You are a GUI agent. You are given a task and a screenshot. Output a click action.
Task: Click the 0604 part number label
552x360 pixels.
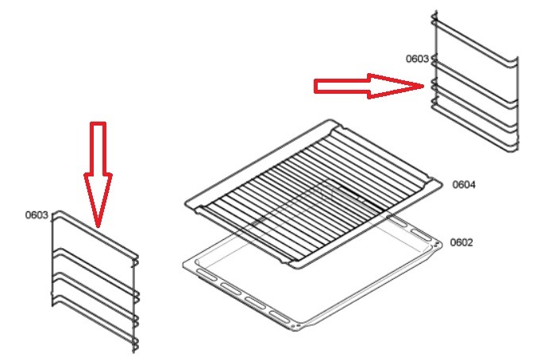click(464, 184)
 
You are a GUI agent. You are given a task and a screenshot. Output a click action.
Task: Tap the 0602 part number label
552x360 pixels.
click(461, 242)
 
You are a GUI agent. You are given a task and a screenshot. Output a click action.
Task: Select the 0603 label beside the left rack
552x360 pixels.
click(37, 215)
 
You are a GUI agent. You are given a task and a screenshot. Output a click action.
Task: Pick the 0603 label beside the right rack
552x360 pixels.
click(417, 59)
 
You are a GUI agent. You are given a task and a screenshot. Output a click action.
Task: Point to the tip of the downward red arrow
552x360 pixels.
click(98, 227)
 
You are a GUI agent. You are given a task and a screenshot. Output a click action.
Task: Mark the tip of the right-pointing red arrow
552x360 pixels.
click(424, 86)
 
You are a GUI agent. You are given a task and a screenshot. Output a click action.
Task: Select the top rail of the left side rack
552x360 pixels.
click(95, 233)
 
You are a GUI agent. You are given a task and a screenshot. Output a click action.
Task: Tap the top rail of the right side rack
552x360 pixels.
click(475, 41)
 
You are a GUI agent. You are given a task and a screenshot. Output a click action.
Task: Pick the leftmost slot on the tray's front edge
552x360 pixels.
click(207, 275)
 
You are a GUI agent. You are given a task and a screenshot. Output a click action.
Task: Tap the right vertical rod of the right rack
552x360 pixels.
click(517, 103)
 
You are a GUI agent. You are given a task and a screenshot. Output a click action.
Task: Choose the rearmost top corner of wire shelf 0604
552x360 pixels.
click(331, 121)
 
